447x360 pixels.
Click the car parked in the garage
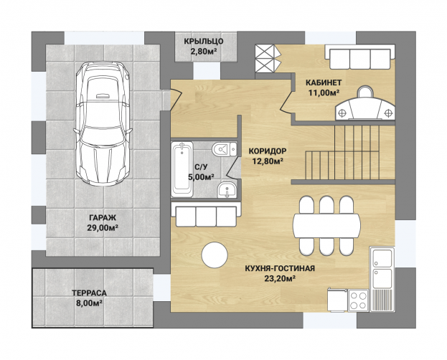point(103,124)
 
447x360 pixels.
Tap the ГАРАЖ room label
point(103,218)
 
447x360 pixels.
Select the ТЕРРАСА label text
point(89,293)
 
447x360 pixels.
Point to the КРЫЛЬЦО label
point(203,42)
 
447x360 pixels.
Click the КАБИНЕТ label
point(324,82)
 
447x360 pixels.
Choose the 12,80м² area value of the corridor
point(268,161)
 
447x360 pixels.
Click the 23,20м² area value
point(280,278)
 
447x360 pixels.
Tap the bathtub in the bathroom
point(182,169)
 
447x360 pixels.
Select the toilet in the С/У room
point(225,149)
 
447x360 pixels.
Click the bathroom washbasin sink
point(227,189)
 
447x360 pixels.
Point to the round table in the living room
point(215,255)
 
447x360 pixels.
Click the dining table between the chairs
point(326,225)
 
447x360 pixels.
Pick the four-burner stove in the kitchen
point(358,300)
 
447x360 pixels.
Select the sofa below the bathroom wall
point(206,215)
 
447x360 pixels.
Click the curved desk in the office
point(365,108)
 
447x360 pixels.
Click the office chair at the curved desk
point(365,92)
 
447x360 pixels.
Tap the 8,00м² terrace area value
point(89,303)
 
